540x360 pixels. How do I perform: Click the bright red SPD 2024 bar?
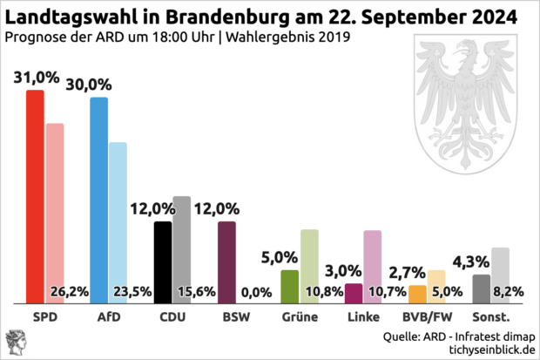pos(35,196)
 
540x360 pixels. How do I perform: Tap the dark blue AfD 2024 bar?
pos(99,200)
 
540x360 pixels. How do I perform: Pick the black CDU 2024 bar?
pos(163,262)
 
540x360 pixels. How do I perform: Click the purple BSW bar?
pos(226,262)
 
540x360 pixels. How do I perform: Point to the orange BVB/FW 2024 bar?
pos(417,294)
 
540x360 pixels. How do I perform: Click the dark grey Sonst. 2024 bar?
pos(481,289)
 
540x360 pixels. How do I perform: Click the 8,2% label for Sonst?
pos(509,292)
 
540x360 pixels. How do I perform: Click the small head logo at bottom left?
pos(16,342)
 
